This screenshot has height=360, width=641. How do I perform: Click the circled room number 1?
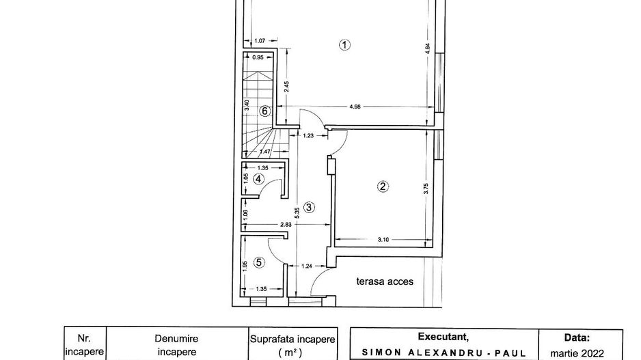pyautogui.click(x=344, y=46)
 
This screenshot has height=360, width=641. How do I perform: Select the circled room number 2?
pyautogui.click(x=383, y=186)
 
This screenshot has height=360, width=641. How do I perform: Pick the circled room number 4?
pyautogui.click(x=258, y=179)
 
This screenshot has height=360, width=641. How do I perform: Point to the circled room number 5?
pyautogui.click(x=258, y=262)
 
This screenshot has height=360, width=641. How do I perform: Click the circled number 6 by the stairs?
pyautogui.click(x=264, y=110)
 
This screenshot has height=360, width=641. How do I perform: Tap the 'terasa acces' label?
pyautogui.click(x=385, y=281)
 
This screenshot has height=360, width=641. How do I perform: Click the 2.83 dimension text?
pyautogui.click(x=285, y=225)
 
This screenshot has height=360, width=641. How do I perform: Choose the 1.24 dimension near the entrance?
pyautogui.click(x=308, y=267)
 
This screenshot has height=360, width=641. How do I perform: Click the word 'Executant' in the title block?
pyautogui.click(x=444, y=337)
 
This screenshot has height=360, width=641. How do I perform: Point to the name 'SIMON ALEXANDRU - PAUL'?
pyautogui.click(x=444, y=354)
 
